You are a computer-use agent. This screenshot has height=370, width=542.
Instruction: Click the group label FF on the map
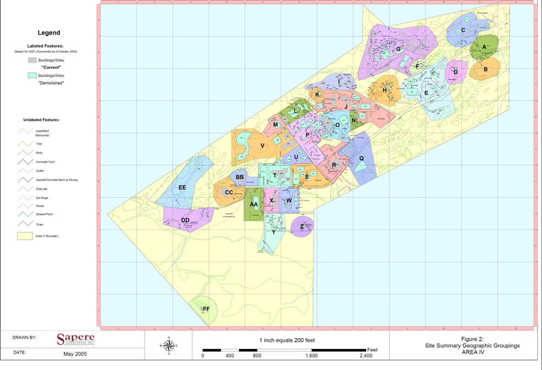[206, 309]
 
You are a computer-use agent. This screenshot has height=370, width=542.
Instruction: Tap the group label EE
[183, 187]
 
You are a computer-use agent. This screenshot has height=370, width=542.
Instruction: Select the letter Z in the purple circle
[302, 226]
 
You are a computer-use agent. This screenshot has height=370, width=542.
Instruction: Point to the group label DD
[185, 220]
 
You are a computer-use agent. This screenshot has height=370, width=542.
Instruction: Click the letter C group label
[463, 30]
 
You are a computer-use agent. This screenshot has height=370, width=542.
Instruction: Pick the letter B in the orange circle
[486, 69]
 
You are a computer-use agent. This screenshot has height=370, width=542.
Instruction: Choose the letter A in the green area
[485, 47]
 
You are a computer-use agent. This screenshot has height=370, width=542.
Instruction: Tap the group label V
[262, 146]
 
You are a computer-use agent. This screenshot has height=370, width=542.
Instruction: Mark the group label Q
[362, 159]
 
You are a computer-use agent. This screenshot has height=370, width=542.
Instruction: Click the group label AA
[254, 205]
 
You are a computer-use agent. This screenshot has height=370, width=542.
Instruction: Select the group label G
[398, 49]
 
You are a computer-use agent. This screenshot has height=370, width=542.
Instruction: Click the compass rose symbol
[169, 346]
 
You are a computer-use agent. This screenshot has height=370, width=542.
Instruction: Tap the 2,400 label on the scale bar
[366, 356]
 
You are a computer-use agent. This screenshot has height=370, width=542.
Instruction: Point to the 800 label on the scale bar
[257, 356]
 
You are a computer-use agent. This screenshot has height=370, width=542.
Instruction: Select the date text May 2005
[75, 354]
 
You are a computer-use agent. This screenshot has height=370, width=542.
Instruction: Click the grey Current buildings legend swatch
[33, 59]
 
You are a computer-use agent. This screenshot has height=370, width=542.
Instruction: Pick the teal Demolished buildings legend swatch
[33, 75]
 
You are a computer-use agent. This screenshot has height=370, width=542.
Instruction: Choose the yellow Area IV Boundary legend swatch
[25, 236]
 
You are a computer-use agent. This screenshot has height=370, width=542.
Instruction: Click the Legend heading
[49, 33]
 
